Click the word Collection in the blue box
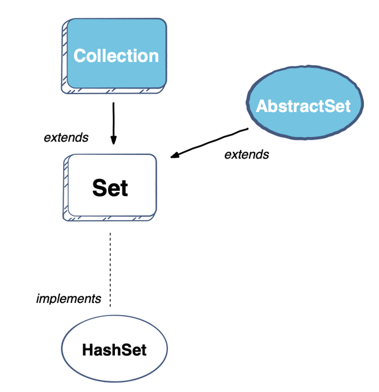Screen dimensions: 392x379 click(x=116, y=56)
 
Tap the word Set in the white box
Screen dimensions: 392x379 click(x=110, y=188)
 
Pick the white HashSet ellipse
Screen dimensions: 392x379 click(x=114, y=350)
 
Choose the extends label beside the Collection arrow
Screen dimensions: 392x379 click(x=66, y=137)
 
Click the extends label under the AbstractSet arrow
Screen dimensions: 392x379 click(x=246, y=154)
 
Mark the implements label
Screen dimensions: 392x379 click(x=68, y=298)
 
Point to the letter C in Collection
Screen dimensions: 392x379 click(x=80, y=56)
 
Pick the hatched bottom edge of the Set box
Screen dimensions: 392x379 click(x=111, y=217)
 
